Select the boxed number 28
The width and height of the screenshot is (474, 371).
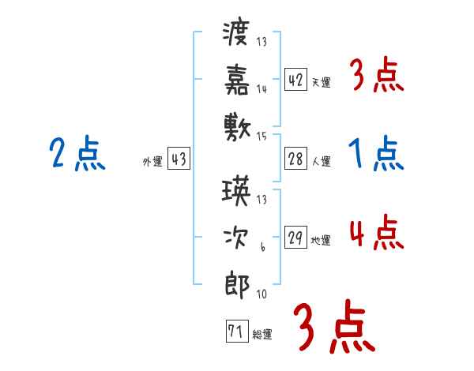click(x=296, y=159)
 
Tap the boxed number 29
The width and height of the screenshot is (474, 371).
click(x=296, y=238)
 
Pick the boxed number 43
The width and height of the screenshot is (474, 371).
click(x=179, y=159)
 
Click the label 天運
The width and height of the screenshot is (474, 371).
click(x=321, y=82)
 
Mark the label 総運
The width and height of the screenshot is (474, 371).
click(x=262, y=334)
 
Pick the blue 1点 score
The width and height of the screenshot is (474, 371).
click(x=375, y=154)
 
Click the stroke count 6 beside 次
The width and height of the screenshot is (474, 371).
click(x=263, y=248)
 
